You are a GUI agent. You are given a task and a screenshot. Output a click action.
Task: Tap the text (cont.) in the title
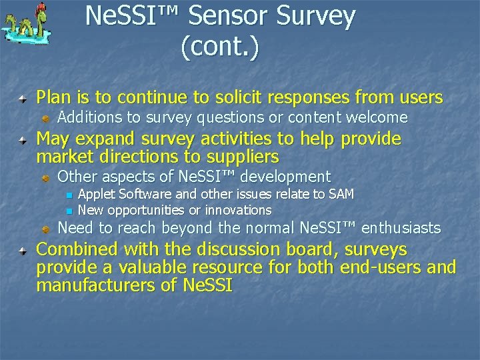tap(219, 47)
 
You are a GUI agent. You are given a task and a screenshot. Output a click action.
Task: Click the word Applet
tap(96, 194)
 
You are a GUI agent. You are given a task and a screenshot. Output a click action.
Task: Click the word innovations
tap(238, 210)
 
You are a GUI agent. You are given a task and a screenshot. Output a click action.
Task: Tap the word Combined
tap(78, 249)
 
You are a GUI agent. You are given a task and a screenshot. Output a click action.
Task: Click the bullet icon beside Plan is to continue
tap(23, 99)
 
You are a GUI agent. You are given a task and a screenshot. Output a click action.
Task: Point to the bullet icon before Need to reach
tap(46, 228)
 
